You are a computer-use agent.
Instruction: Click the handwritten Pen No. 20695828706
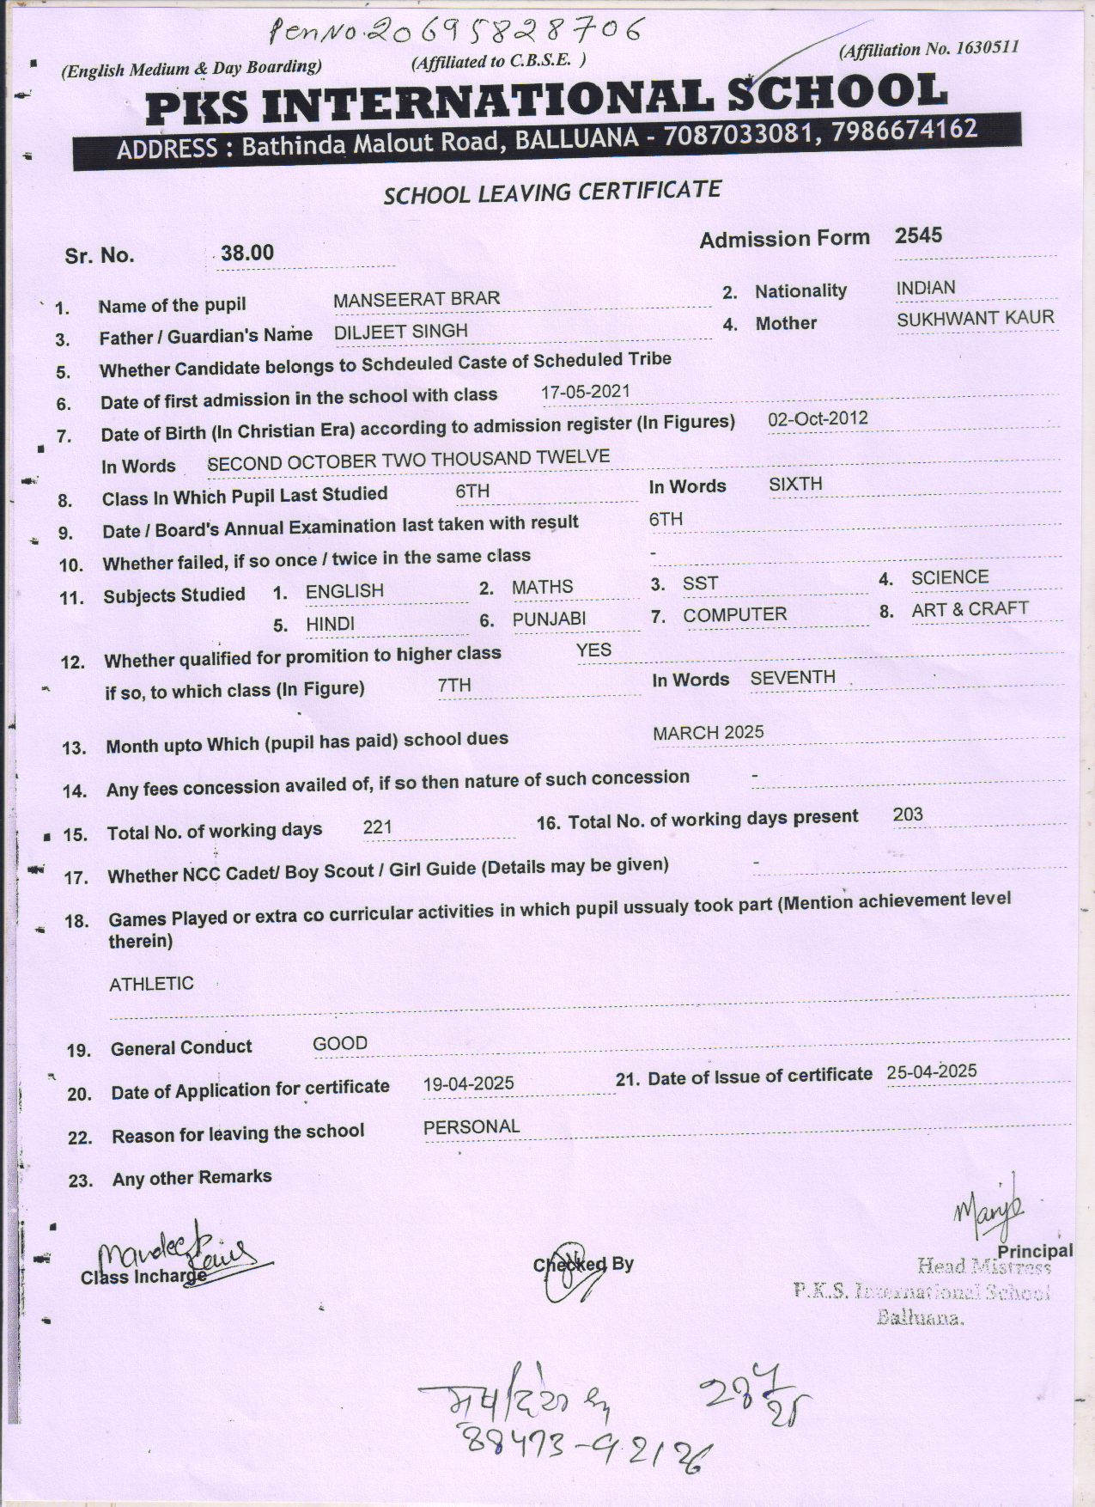[455, 32]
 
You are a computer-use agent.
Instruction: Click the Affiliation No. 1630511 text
[929, 49]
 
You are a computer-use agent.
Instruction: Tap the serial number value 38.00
[247, 253]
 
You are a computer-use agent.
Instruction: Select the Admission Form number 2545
[918, 235]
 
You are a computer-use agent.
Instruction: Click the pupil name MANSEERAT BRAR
[416, 299]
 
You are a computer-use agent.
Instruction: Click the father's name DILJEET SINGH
[400, 332]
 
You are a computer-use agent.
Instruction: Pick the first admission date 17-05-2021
[585, 392]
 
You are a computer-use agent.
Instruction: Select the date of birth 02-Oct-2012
[817, 419]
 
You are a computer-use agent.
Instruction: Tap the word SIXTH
[795, 485]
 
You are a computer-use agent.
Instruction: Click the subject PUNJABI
[549, 619]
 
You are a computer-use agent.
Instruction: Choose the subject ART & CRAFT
[970, 609]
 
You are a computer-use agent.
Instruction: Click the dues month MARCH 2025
[708, 733]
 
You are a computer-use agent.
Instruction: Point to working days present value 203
[908, 815]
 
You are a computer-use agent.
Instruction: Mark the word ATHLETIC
[151, 984]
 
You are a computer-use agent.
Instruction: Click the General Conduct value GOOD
[340, 1044]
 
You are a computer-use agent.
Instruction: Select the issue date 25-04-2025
[932, 1071]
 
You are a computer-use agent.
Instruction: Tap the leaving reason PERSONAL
[471, 1127]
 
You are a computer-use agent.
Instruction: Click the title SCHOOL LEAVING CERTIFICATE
[551, 192]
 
